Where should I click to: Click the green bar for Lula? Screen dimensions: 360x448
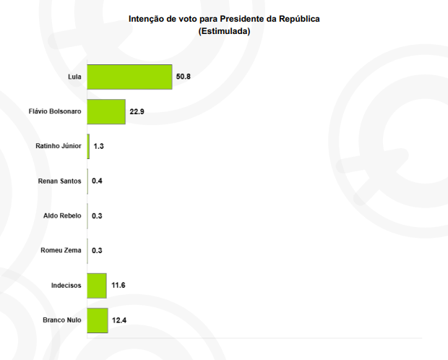coord(129,77)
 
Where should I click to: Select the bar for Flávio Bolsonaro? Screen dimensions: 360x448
coord(106,111)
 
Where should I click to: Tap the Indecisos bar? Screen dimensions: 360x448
coord(97,286)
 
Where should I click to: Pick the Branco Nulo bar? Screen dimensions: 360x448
coord(98,320)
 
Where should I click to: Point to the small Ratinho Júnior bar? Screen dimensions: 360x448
coord(89,146)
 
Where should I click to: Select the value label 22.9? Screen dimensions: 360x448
coord(136,111)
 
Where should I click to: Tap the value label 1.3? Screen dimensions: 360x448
coord(99,146)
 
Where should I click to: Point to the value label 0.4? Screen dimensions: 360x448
coord(97,181)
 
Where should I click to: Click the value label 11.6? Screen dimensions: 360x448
coord(117,286)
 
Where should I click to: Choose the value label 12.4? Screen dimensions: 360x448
coord(119,320)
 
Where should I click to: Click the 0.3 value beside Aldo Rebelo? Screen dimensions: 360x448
coord(97,215)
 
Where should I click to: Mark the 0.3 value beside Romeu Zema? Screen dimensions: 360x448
coord(97,251)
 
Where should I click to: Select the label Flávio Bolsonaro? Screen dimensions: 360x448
coord(55,111)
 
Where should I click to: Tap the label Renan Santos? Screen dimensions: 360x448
coord(59,181)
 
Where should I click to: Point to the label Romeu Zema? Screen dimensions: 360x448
coord(61,251)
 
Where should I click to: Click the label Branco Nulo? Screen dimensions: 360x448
coord(61,320)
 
